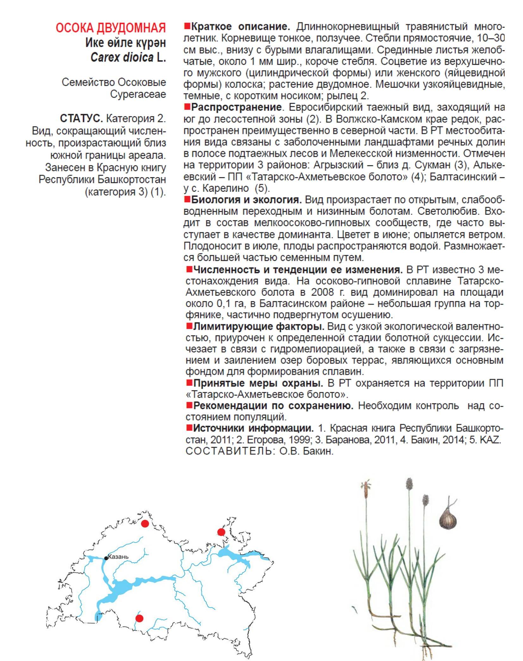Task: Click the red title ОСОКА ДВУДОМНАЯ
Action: click(x=111, y=28)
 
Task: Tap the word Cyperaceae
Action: click(x=138, y=94)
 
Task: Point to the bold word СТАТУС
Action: click(x=81, y=119)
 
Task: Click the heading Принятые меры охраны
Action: click(x=258, y=383)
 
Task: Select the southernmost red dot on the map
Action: click(x=139, y=618)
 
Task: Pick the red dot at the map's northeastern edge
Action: click(x=221, y=532)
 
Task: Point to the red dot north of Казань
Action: click(x=145, y=523)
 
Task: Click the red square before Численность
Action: click(x=189, y=269)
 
